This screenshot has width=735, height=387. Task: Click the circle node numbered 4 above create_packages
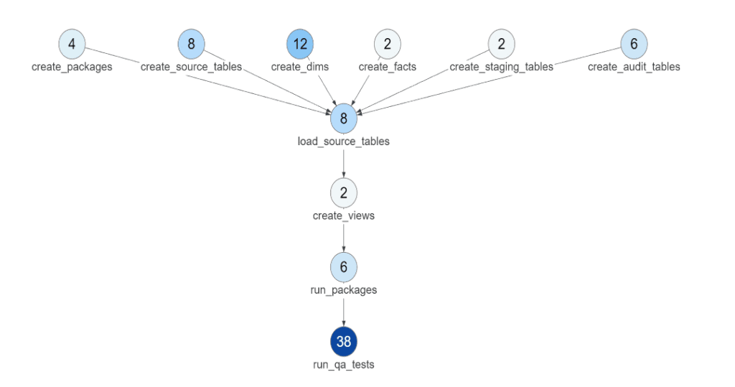click(x=71, y=44)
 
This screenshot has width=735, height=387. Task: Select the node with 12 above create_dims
click(x=300, y=44)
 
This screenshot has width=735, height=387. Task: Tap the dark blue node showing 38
click(x=344, y=342)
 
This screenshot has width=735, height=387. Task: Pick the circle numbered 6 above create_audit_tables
click(x=634, y=44)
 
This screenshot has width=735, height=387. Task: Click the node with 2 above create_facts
click(x=388, y=44)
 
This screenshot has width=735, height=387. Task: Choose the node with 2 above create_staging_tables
click(x=501, y=44)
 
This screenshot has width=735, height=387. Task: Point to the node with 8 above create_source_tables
click(x=191, y=44)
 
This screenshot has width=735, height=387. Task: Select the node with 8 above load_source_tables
click(x=344, y=118)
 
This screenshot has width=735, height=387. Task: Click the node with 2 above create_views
click(x=344, y=192)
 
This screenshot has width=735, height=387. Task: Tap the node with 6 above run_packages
click(x=344, y=267)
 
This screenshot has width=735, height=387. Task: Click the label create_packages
click(x=72, y=67)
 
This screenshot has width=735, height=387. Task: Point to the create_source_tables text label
click(x=191, y=67)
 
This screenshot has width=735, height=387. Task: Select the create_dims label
click(x=300, y=67)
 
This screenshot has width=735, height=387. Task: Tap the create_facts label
click(x=388, y=67)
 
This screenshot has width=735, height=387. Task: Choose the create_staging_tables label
click(x=501, y=67)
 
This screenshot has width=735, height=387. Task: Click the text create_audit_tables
click(x=634, y=67)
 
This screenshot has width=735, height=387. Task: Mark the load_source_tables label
click(x=344, y=141)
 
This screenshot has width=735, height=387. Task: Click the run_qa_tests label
click(x=344, y=365)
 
